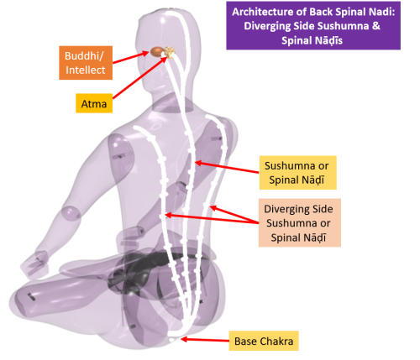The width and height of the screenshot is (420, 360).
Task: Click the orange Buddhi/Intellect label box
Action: click(x=86, y=63)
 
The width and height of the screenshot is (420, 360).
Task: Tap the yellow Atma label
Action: click(x=94, y=103)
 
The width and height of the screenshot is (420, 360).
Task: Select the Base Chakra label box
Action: click(x=264, y=341)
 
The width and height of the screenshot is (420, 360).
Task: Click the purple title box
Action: click(x=313, y=26)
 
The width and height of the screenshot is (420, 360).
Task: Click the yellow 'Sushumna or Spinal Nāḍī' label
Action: click(x=297, y=173)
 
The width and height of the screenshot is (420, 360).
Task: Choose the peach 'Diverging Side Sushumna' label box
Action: click(x=300, y=223)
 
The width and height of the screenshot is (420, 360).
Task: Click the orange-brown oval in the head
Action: click(x=157, y=51)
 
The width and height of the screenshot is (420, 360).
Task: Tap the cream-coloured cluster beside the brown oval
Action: click(x=170, y=52)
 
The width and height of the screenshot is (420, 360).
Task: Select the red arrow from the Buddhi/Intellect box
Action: click(x=130, y=57)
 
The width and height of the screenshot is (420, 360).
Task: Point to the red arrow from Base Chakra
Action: click(x=205, y=340)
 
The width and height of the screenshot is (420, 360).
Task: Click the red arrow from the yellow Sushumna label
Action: click(x=227, y=167)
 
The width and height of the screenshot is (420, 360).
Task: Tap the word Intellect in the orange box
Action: click(x=86, y=70)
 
